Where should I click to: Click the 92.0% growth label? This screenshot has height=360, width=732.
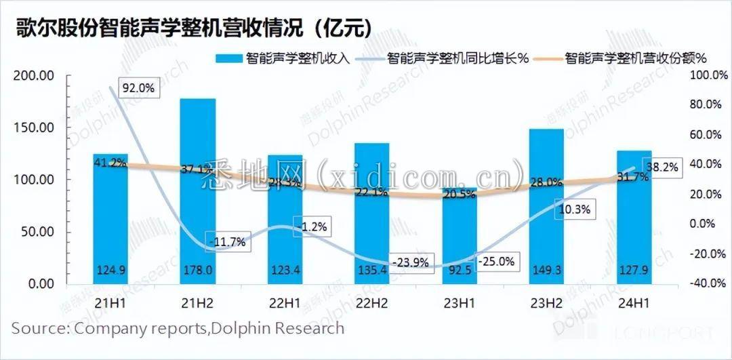pos(138,87)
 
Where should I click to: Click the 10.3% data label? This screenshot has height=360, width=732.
pos(574,209)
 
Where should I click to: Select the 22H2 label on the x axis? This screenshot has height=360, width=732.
pos(372,304)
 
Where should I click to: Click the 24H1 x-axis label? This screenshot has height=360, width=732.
pos(634,304)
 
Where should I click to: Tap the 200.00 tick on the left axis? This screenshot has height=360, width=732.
pos(34,76)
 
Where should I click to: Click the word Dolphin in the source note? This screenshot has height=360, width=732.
pos(236,329)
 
